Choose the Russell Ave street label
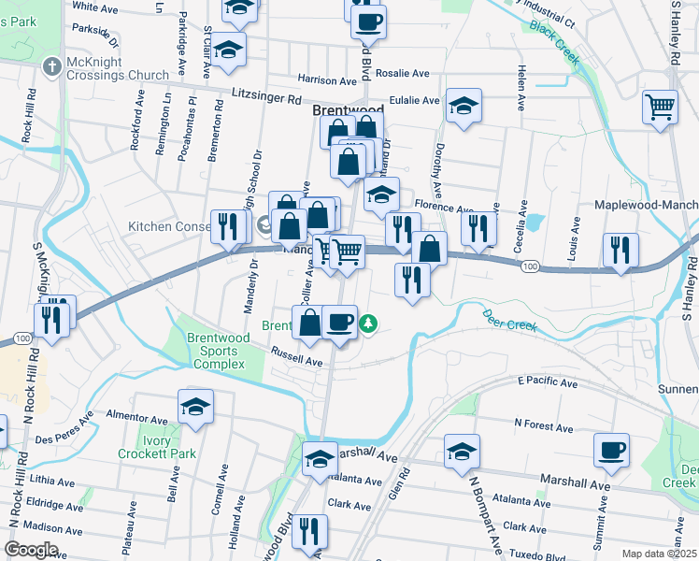click(x=296, y=357)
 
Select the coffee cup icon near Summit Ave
click(x=611, y=450)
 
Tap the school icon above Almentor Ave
click(x=195, y=407)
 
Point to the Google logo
click(x=31, y=550)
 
